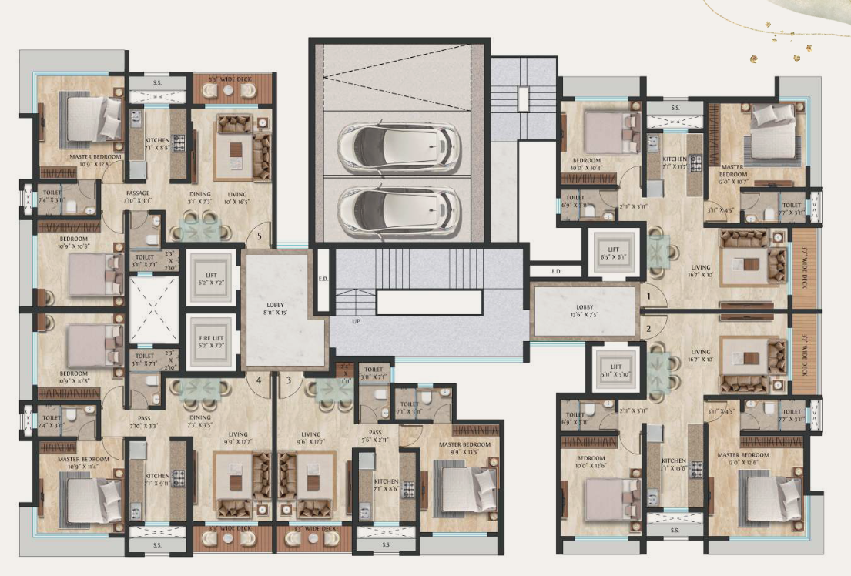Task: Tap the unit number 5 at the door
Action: (260, 237)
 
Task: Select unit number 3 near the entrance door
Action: (288, 379)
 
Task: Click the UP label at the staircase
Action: (355, 320)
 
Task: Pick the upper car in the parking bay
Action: (399, 149)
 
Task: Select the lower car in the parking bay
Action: (399, 213)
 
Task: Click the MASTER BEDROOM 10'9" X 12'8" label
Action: (81, 160)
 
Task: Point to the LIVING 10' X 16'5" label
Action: (237, 199)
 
